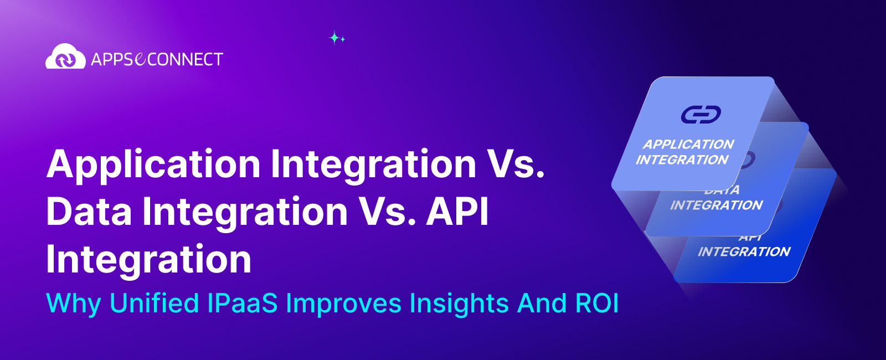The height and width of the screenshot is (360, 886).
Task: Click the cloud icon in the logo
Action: [65, 57]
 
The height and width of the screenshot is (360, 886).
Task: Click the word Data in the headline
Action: [89, 212]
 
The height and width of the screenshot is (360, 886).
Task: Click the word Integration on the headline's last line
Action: [148, 259]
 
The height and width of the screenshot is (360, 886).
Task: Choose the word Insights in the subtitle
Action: [459, 303]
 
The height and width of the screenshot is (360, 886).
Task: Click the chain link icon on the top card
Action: [700, 115]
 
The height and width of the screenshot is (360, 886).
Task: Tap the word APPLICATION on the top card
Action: [688, 145]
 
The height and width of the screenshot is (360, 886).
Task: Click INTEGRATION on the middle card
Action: [716, 205]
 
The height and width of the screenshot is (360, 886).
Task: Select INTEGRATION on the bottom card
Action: [744, 252]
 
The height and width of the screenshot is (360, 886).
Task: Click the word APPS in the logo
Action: [112, 59]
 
